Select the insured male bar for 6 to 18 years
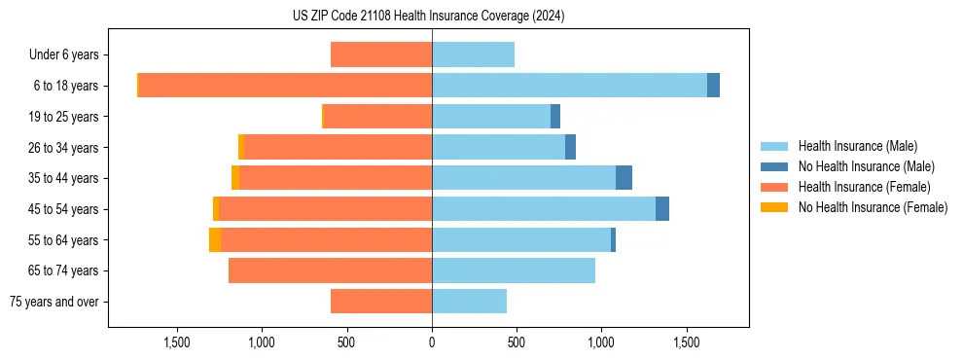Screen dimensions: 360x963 tap(569, 86)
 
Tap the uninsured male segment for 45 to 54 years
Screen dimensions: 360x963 tap(662, 209)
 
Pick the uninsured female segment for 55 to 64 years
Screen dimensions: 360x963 tap(215, 240)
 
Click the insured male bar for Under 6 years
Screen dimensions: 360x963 tap(473, 54)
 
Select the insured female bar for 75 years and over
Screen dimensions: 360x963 tap(381, 302)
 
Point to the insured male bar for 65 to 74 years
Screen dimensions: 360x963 tap(514, 270)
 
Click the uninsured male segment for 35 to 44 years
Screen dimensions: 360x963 tap(624, 178)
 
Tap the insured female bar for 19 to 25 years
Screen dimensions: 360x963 tap(377, 117)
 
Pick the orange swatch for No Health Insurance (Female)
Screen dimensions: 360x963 tap(774, 207)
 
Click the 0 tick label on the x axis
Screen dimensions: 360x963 tap(432, 342)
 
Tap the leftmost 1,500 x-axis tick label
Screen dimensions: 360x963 tap(177, 342)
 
